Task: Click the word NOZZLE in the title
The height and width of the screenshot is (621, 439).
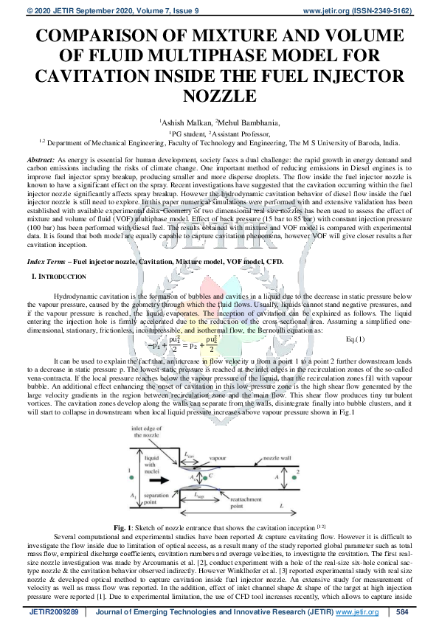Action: (219, 96)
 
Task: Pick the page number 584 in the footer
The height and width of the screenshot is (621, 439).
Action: (402, 612)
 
